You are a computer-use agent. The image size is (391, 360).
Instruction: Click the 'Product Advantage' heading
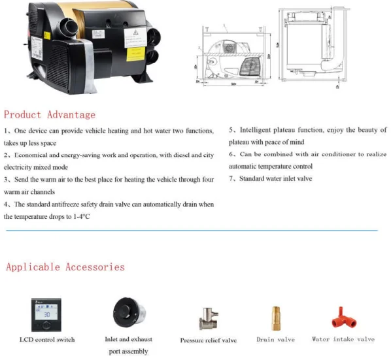tap(50, 115)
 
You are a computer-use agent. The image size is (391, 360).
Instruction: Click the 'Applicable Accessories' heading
tap(65, 267)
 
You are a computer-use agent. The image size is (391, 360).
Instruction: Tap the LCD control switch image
tap(46, 313)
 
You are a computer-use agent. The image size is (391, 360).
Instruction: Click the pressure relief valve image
tap(208, 318)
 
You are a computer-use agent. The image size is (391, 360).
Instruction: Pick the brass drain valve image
tap(276, 318)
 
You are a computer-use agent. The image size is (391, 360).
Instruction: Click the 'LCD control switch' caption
tap(46, 340)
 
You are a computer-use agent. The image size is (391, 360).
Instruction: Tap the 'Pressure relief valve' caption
tap(208, 340)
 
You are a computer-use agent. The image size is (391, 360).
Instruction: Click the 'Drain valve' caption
tap(275, 340)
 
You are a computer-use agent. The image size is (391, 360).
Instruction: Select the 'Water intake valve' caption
tap(343, 340)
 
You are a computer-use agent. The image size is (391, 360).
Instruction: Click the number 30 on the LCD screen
tap(46, 314)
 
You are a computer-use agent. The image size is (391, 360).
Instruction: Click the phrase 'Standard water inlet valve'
tap(276, 178)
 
